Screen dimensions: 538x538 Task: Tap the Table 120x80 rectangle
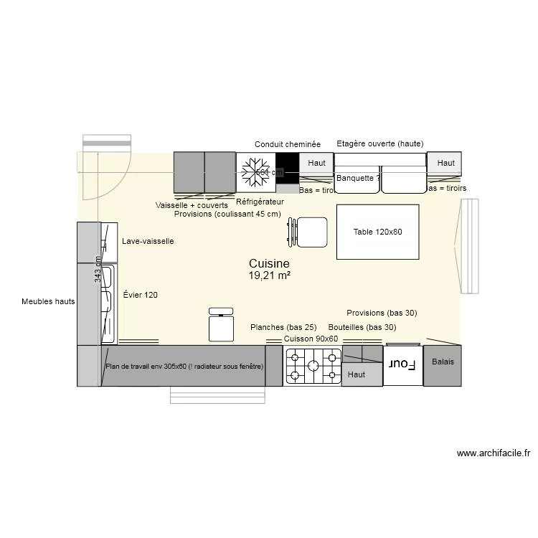coord(378,232)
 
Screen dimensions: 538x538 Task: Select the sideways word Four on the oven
coord(402,364)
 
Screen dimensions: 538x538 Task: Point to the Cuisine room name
coord(269,263)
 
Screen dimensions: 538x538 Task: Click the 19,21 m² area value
coord(269,275)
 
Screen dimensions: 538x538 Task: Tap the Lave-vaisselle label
coord(148,242)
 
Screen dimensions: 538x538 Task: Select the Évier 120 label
coord(140,295)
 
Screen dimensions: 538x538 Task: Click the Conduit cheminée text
coord(288,144)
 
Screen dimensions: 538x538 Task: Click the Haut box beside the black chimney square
coord(316,164)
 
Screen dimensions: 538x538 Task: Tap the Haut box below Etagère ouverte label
coord(445,164)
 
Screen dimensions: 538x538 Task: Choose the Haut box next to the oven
coord(357,374)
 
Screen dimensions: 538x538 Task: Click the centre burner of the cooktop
coord(313,366)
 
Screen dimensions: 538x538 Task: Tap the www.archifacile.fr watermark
coord(493,453)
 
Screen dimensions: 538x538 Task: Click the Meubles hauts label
coord(48,302)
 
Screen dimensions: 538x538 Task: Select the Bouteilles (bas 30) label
coord(362,327)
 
